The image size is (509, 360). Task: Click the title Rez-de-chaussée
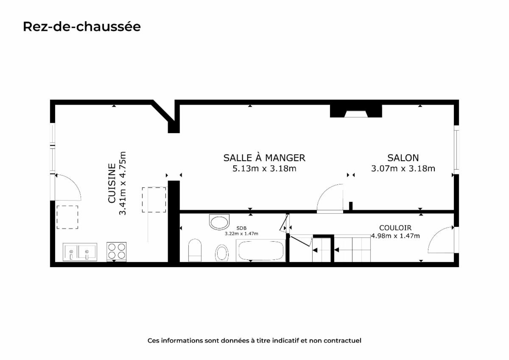(x=82, y=27)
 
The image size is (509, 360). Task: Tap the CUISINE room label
(x=112, y=183)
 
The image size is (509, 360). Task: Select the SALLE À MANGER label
(x=264, y=158)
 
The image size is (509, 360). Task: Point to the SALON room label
(x=403, y=158)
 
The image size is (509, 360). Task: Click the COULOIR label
(x=395, y=228)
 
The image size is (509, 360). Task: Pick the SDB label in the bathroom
(x=241, y=228)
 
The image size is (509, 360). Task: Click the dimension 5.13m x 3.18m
(x=264, y=168)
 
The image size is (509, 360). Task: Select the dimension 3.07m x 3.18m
(x=403, y=168)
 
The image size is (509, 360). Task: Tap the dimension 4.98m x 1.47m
(x=395, y=236)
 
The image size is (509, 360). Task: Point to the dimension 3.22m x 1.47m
(x=241, y=234)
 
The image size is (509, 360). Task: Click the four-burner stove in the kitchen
(x=116, y=251)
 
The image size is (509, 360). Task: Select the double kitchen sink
(x=80, y=252)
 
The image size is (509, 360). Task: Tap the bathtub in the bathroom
(x=260, y=250)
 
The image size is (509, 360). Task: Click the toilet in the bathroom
(x=195, y=250)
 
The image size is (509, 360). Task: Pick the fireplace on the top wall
(x=356, y=111)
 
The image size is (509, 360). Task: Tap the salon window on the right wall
(x=456, y=150)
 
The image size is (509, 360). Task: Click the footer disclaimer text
(x=254, y=340)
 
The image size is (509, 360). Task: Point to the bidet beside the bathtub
(x=222, y=253)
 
